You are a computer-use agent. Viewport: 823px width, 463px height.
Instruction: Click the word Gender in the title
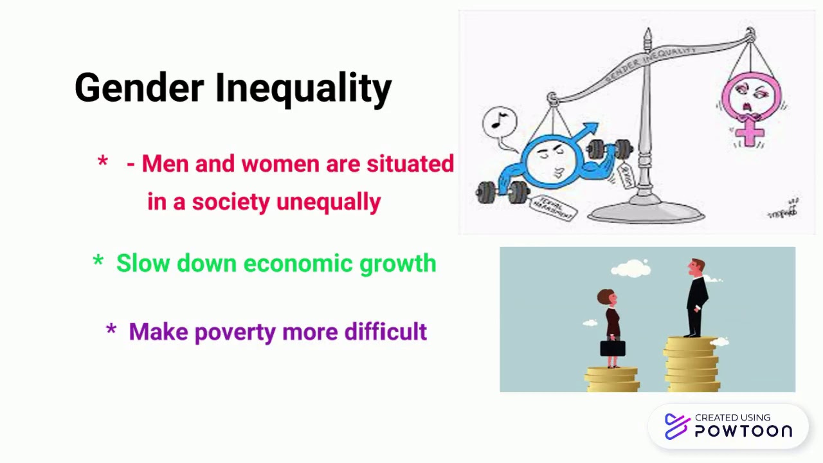[139, 88]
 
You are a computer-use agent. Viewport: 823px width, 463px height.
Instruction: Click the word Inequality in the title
[303, 88]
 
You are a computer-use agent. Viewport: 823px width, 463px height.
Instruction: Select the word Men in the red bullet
[165, 164]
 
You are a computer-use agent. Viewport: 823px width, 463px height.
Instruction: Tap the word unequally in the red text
[329, 202]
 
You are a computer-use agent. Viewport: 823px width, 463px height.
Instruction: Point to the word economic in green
[298, 264]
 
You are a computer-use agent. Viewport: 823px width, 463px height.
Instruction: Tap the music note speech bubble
[500, 122]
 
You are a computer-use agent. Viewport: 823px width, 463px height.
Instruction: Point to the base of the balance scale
[646, 212]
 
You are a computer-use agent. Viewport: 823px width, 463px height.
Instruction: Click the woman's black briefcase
[612, 348]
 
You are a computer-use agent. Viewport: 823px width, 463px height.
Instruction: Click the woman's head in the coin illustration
[606, 298]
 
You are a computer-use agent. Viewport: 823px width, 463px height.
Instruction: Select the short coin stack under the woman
[611, 379]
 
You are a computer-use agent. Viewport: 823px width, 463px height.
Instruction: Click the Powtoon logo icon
[676, 426]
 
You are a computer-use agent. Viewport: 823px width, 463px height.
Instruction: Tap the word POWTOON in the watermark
[743, 431]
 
